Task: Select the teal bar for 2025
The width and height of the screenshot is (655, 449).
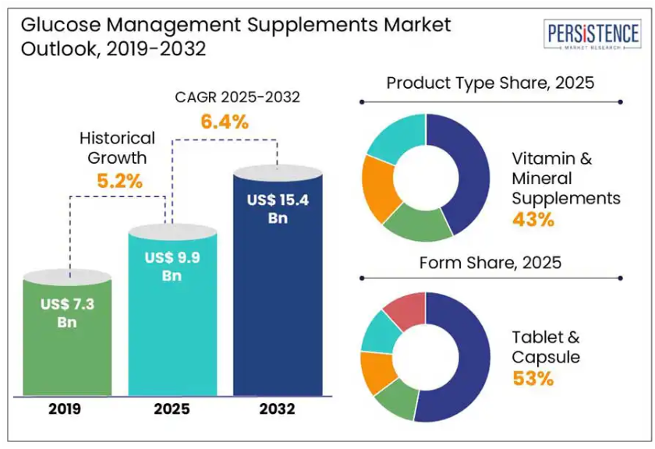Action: (x=172, y=327)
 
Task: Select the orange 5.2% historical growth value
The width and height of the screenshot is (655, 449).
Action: (x=119, y=182)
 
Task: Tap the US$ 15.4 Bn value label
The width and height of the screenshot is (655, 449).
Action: (x=278, y=209)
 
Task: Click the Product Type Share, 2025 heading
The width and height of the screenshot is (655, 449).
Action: (x=490, y=83)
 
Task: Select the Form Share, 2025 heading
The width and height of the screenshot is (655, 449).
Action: (x=490, y=263)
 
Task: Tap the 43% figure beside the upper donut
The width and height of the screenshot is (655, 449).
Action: (x=533, y=219)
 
